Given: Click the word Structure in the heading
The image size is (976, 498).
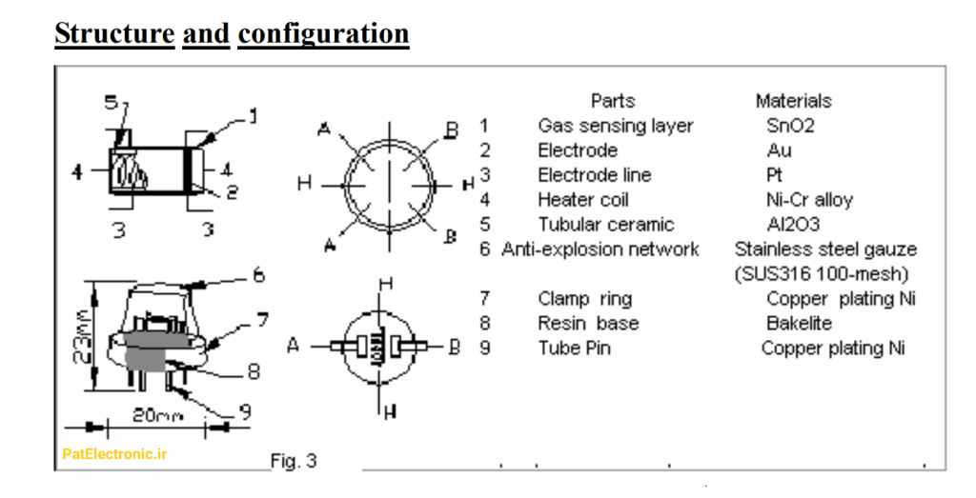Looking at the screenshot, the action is coord(114,33).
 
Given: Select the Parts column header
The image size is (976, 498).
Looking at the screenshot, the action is coord(613,101).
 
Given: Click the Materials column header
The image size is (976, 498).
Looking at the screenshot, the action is coord(794,101).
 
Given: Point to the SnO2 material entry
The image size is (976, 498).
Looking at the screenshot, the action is coord(790,126).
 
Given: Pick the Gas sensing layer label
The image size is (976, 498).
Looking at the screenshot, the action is coord(616,127).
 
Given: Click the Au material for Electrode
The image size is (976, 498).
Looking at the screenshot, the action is coord(780,150).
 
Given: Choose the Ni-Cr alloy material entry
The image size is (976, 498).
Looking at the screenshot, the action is coord(810,200).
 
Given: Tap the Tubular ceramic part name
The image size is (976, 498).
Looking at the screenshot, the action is coord(606,225).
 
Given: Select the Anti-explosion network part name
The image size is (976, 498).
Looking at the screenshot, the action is coord(600,249).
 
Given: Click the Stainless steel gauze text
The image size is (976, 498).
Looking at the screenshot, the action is coord(826,249).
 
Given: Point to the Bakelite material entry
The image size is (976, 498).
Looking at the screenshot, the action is coord(800,324).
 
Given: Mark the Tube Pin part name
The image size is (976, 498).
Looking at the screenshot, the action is coord(575,349).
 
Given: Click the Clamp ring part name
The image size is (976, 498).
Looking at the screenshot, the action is coord(585,299).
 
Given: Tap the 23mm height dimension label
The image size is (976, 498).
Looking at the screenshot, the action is coord(82,336).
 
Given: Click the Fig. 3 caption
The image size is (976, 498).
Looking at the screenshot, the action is coord(294,461).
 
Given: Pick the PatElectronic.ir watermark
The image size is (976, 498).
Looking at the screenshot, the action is coord(114,454).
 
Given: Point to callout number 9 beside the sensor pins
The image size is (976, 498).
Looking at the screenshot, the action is coord(245,411).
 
